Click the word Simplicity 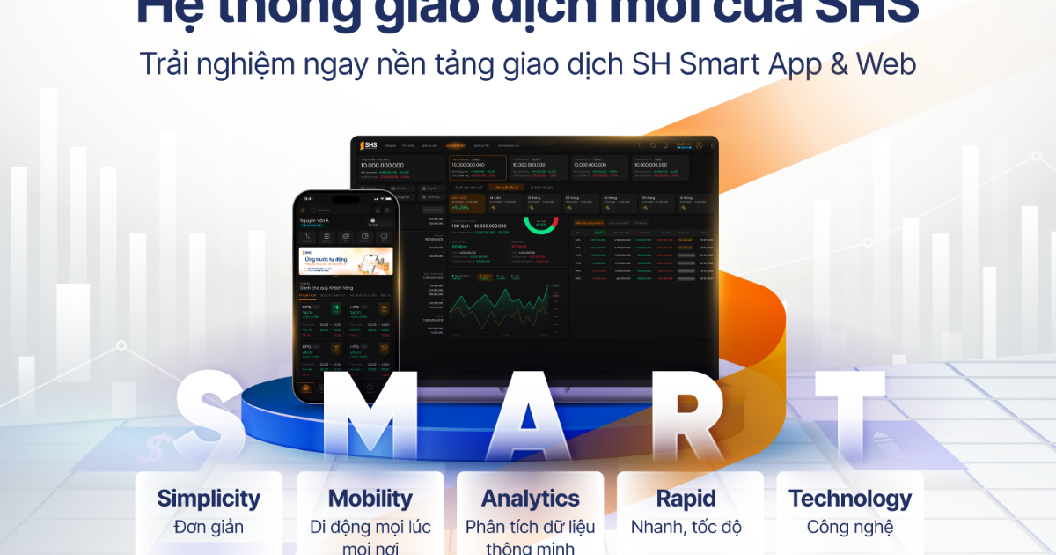(209, 499)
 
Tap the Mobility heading (370, 499)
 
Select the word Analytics (531, 499)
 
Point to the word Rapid (686, 499)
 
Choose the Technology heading (850, 499)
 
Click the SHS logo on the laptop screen (367, 145)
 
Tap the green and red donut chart (540, 225)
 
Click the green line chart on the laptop (503, 308)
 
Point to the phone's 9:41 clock (308, 199)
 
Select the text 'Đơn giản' (209, 528)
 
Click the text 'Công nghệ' (850, 528)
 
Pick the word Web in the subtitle (888, 64)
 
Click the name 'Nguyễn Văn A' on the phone (315, 219)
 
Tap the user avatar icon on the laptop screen (699, 145)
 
